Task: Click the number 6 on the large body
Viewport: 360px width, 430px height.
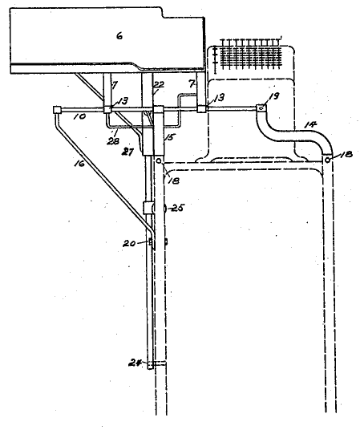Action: point(119,35)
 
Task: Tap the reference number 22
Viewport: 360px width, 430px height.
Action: point(159,84)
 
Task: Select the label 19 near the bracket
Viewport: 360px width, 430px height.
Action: point(274,95)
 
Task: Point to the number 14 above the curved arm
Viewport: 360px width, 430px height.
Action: point(310,125)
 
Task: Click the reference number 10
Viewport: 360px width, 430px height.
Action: point(79,116)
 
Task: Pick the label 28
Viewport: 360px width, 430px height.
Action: point(113,141)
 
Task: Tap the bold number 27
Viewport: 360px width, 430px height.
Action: point(127,152)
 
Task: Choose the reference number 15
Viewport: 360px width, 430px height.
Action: point(169,137)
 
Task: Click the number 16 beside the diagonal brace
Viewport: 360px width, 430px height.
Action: point(79,164)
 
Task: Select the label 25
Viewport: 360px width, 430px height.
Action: point(177,208)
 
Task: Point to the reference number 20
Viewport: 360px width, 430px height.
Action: point(129,243)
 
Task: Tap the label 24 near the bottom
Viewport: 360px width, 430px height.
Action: point(135,363)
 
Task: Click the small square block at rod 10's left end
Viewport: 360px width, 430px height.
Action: point(56,110)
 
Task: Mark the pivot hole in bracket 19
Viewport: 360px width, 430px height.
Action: point(261,108)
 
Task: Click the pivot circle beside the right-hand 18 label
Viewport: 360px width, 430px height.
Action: point(327,160)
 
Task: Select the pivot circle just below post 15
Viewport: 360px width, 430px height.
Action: point(159,161)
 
